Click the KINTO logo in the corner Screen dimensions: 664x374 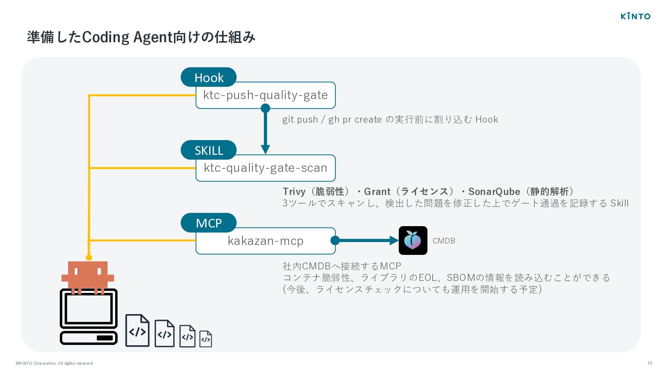[x=635, y=16]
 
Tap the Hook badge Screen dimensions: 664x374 [x=209, y=77]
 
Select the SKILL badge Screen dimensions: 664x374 [x=209, y=150]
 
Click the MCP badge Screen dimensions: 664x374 [x=209, y=223]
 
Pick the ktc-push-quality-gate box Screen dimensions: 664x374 [x=266, y=95]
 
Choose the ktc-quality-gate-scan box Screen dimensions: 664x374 [x=266, y=168]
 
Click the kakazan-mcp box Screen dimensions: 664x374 [x=266, y=241]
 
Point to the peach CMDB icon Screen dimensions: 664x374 [x=413, y=240]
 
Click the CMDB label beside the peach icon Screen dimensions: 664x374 [x=444, y=241]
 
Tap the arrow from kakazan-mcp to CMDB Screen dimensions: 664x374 [x=365, y=240]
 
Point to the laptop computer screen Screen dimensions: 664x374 [x=89, y=308]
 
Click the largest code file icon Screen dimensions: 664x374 [x=137, y=330]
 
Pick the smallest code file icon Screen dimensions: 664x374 [x=206, y=339]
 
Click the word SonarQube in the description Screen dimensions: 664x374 [x=494, y=192]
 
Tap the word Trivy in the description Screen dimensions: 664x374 [x=294, y=192]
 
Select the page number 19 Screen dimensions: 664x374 [x=649, y=363]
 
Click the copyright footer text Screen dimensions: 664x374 [x=55, y=363]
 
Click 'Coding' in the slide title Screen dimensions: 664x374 [x=106, y=37]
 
